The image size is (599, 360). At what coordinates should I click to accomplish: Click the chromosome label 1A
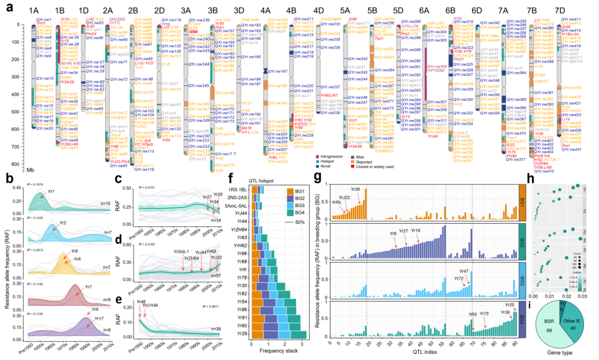click(34, 10)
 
